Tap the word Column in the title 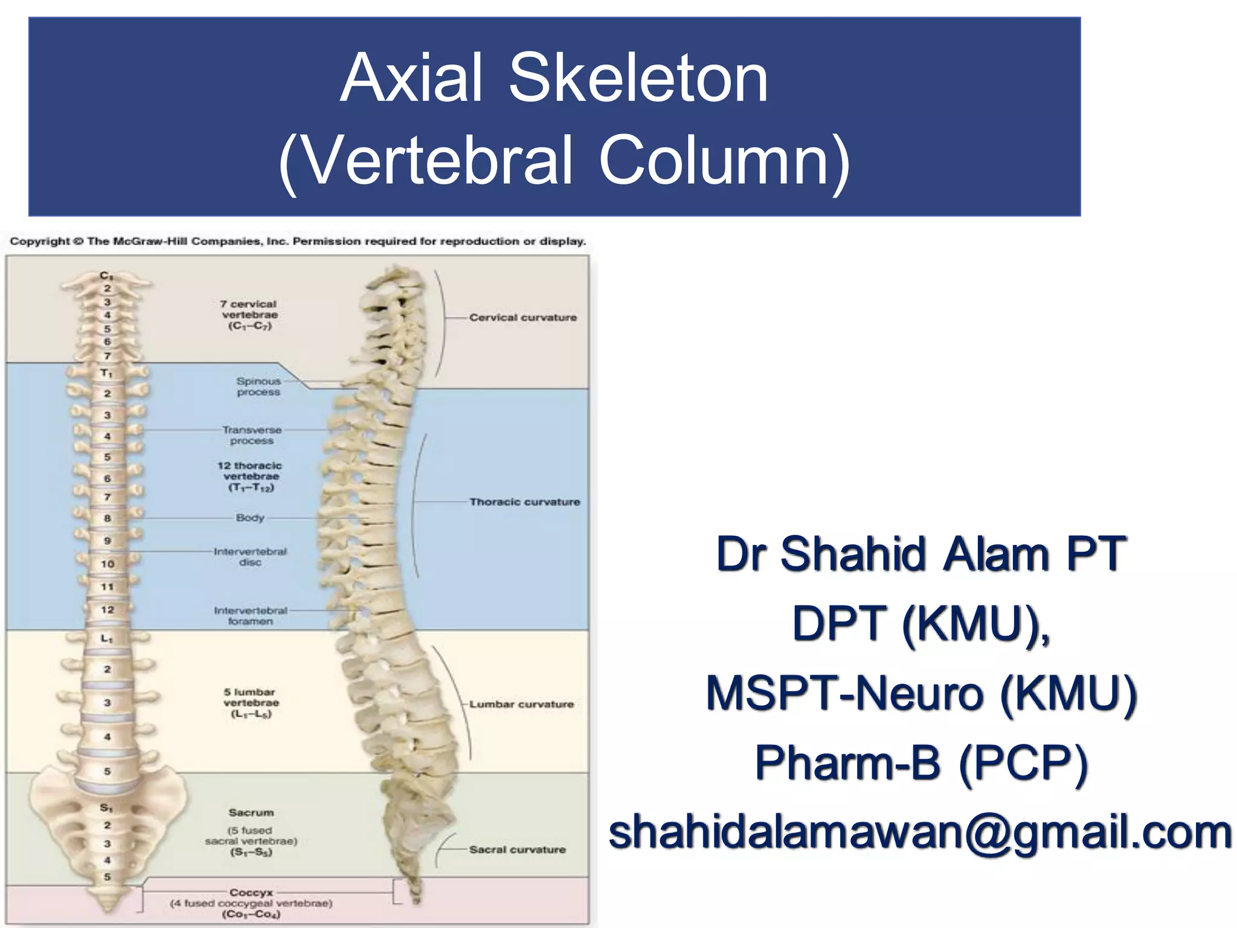[724, 160]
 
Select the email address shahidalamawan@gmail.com [920, 832]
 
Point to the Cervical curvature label [523, 317]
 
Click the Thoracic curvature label [524, 502]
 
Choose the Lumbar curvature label [521, 704]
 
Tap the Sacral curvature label [517, 849]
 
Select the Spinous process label [259, 387]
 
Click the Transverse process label [252, 435]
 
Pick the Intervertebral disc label [250, 556]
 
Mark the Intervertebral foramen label [250, 616]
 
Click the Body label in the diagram [250, 518]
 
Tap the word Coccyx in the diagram [251, 892]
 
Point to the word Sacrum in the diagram [251, 813]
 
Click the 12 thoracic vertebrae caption [250, 476]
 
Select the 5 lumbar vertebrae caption [251, 703]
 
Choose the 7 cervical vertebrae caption [249, 315]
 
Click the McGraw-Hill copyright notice [298, 242]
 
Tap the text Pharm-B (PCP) [921, 762]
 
